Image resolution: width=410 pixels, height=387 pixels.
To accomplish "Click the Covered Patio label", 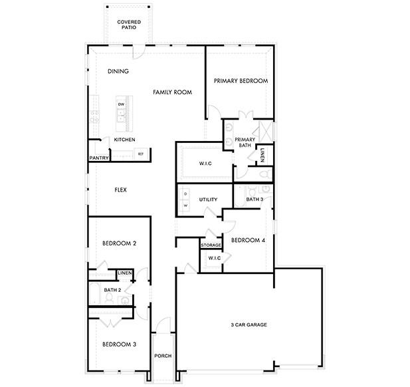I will [128, 25].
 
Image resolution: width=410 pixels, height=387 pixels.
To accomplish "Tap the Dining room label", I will [118, 71].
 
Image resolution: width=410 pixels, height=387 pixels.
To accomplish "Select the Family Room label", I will [172, 92].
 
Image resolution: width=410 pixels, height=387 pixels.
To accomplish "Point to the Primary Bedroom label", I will [241, 80].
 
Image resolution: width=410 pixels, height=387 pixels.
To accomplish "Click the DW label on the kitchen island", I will [122, 105].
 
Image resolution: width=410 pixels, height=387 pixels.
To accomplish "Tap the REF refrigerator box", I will [140, 154].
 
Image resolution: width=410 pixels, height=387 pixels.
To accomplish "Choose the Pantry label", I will [98, 158].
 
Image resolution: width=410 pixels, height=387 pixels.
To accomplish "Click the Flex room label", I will [120, 190].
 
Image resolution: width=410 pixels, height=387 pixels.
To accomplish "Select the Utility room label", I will [209, 199].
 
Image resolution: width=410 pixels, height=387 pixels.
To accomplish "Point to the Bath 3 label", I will [255, 199].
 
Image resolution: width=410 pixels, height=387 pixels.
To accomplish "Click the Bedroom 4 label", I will [249, 240].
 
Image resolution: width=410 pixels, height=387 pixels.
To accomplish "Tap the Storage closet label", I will [211, 245].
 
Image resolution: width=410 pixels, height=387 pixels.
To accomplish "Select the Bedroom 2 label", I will [119, 244].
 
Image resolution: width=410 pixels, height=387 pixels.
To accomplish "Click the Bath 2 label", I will [111, 291].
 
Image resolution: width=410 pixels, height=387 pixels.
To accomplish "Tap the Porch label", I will [163, 356].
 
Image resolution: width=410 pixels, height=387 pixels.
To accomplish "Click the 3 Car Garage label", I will [249, 324].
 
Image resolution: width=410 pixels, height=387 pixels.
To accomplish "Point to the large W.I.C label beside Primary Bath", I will [205, 163].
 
